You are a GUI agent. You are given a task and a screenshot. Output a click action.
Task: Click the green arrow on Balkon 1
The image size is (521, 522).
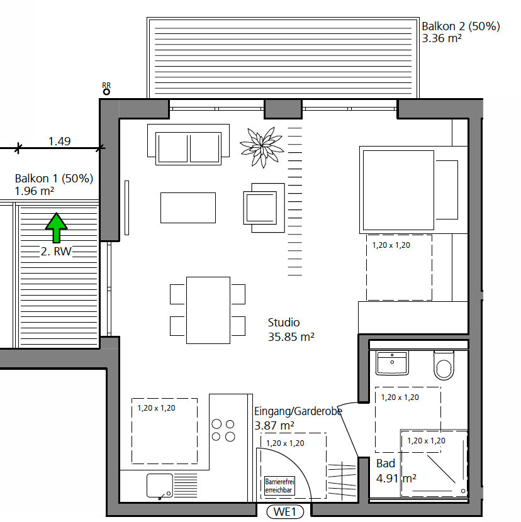[x=56, y=228]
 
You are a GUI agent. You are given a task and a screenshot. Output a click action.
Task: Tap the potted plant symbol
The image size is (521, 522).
[x=262, y=147]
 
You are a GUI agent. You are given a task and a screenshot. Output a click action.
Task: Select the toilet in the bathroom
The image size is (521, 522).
[x=444, y=365]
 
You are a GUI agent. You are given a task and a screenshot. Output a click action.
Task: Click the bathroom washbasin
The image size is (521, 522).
[x=393, y=363]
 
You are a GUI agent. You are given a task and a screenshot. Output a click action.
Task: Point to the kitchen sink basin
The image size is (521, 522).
[x=160, y=486]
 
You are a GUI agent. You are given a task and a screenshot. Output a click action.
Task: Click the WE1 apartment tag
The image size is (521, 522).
[x=285, y=512]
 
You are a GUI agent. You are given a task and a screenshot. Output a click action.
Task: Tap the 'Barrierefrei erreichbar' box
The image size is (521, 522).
[x=280, y=486]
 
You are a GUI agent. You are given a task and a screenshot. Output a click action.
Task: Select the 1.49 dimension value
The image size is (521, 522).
[x=60, y=141]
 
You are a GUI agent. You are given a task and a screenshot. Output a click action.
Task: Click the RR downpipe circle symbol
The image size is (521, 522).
[x=106, y=92]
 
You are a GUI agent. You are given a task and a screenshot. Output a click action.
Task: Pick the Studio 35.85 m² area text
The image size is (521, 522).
[x=291, y=330]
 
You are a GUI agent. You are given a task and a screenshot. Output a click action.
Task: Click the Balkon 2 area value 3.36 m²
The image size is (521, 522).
[x=442, y=38]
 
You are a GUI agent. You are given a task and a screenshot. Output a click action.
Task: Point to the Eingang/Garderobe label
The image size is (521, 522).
[x=298, y=411]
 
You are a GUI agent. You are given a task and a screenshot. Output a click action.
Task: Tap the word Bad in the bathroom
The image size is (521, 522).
[x=386, y=464]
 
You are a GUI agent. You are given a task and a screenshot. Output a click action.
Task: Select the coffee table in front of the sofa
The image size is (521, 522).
[x=188, y=208]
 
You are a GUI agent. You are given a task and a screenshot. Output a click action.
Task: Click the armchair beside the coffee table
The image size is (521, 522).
[x=264, y=208]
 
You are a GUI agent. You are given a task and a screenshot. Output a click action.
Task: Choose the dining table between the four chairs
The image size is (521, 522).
[x=208, y=310]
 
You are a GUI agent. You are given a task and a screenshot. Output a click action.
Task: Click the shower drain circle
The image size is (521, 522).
[x=463, y=491]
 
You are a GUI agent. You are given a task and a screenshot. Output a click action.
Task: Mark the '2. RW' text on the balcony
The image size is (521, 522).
[x=56, y=252]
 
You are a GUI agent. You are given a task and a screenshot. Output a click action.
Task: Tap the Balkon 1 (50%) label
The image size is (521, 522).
[x=54, y=179]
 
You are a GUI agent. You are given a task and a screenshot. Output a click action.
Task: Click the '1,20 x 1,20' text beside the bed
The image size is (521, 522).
[x=391, y=245]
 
